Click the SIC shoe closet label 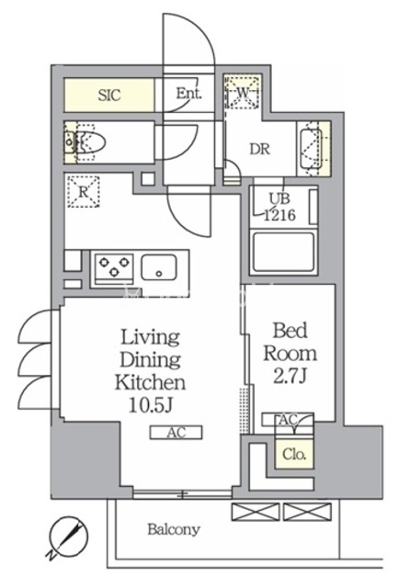click(109, 95)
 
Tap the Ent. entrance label click(188, 93)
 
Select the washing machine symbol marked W click(243, 92)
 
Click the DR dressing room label click(260, 149)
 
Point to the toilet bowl click(90, 142)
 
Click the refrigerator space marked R click(84, 192)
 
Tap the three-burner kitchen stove click(114, 267)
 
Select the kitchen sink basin click(159, 267)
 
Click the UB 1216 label click(279, 207)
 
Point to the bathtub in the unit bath click(284, 252)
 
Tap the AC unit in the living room click(176, 433)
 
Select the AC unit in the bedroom click(288, 419)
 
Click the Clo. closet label click(294, 455)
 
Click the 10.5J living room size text click(150, 405)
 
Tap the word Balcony click(174, 530)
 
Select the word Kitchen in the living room click(150, 382)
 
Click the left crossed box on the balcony click(256, 513)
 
